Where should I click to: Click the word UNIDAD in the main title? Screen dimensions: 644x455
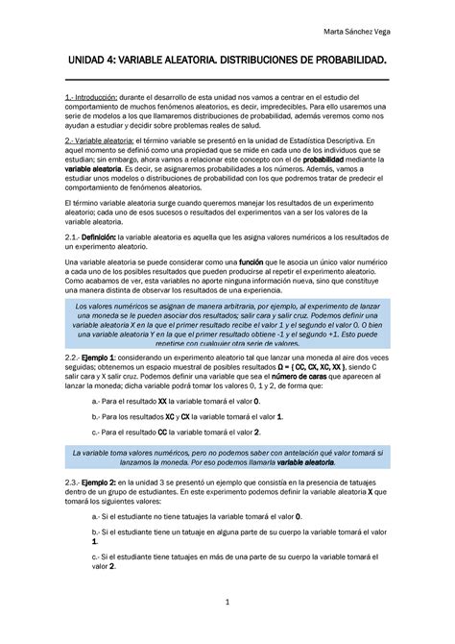(x=81, y=61)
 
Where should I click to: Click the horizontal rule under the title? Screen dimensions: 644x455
(x=227, y=81)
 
